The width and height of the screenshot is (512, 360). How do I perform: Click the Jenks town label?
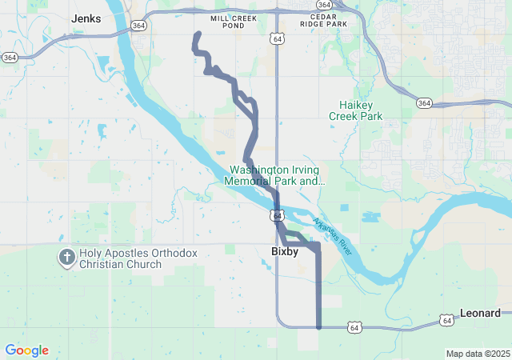coord(86,18)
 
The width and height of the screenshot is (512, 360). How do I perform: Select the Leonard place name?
coord(480,313)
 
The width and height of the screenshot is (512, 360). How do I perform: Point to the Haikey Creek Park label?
coord(355,110)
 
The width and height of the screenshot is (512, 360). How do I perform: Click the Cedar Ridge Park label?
coord(323,21)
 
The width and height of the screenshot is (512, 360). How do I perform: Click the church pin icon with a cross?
coord(66,258)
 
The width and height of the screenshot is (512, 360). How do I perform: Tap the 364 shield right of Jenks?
coord(139,26)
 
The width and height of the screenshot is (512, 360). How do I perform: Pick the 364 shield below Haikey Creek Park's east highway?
coord(424,103)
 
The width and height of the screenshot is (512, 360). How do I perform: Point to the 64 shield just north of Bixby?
coord(277,217)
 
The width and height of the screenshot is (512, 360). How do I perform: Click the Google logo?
coord(26,350)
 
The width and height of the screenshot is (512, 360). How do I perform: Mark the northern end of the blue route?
coord(198,33)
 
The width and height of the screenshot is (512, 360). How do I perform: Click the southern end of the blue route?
coord(319,326)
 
